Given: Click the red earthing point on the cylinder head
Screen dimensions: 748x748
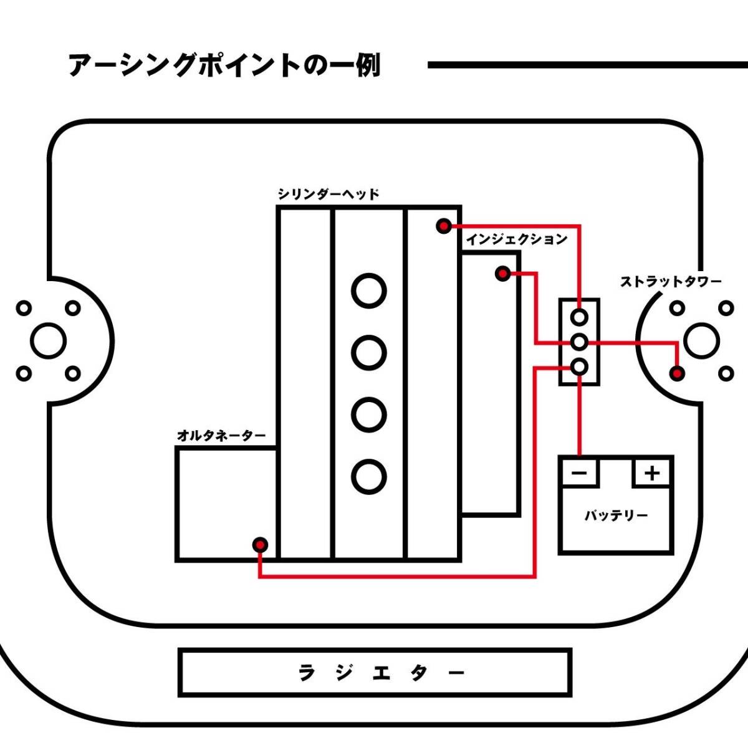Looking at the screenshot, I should [443, 226].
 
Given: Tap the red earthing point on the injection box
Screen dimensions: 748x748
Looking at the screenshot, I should [502, 273].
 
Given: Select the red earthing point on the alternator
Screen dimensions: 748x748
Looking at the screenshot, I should [260, 545].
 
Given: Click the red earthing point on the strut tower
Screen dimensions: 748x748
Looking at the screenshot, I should [677, 373].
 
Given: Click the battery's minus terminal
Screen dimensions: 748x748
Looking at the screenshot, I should [579, 473].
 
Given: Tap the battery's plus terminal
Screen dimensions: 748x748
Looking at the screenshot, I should [652, 473].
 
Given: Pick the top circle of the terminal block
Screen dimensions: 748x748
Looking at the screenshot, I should [580, 317].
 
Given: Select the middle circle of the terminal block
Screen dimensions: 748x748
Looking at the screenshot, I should [580, 342].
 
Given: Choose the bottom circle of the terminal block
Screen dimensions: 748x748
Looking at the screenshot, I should [580, 367].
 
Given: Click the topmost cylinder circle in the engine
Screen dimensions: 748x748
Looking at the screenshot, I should [368, 290].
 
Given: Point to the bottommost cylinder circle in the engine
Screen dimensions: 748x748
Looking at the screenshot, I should [368, 477].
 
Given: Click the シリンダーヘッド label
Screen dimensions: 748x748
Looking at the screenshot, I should [328, 194].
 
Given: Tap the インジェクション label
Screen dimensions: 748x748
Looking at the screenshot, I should [517, 239].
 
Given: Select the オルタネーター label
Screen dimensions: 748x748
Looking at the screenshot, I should [221, 435].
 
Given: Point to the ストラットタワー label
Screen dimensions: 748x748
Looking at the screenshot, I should [671, 282].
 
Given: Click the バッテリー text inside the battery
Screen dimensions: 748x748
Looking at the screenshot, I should [616, 516].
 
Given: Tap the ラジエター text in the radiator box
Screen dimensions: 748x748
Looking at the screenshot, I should [382, 673].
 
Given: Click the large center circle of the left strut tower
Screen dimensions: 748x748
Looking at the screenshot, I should [48, 340].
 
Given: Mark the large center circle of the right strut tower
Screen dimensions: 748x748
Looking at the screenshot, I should [701, 340].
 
